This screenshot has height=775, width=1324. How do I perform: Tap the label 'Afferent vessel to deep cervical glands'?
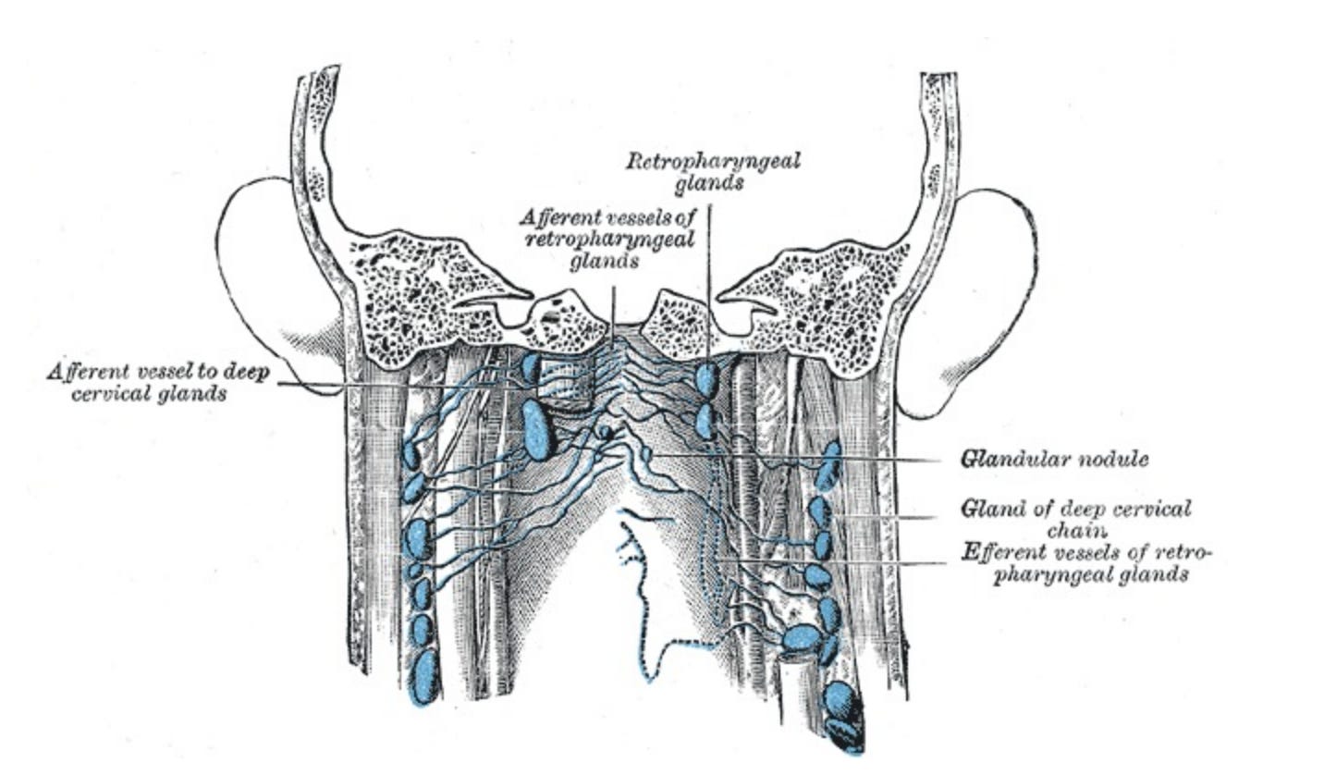pyautogui.click(x=156, y=382)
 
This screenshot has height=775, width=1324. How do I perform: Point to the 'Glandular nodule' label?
pyautogui.click(x=1054, y=459)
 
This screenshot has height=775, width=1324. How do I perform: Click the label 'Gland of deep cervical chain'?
pyautogui.click(x=1075, y=518)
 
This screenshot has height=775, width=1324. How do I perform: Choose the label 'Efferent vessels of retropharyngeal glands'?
pyautogui.click(x=1086, y=563)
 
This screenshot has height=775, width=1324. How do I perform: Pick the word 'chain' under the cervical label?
pyautogui.click(x=1077, y=530)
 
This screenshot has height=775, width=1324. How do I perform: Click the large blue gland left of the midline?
pyautogui.click(x=536, y=430)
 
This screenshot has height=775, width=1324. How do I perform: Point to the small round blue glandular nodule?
pyautogui.click(x=605, y=432)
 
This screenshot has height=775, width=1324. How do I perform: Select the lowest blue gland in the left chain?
pyautogui.click(x=424, y=678)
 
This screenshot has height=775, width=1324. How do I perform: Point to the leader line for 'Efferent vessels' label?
pyautogui.click(x=832, y=561)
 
